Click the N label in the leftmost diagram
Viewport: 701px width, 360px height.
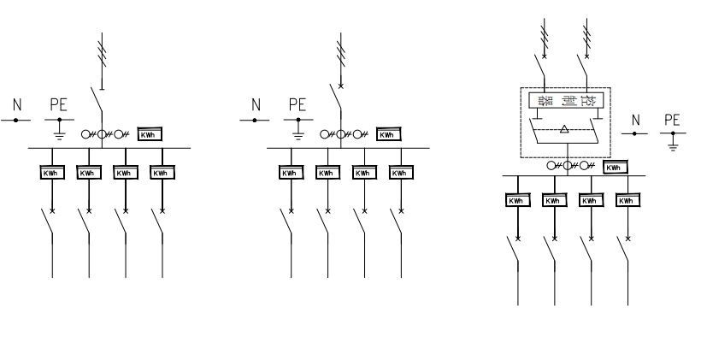coord(17,106)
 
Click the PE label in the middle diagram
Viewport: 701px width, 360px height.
coord(297,106)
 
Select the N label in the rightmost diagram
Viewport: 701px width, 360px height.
coord(635,120)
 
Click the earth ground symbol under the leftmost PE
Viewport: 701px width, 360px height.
coord(58,132)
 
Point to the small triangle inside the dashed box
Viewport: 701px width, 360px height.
coord(563,128)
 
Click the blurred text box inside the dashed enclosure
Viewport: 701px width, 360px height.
coord(566,102)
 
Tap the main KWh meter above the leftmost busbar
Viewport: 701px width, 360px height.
coord(149,133)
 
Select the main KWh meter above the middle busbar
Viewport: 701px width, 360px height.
coord(387,134)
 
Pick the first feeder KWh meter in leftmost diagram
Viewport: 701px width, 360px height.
coord(53,173)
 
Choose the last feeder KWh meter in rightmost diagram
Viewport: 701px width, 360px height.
coord(627,200)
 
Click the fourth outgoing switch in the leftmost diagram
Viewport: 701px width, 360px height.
coord(158,224)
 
